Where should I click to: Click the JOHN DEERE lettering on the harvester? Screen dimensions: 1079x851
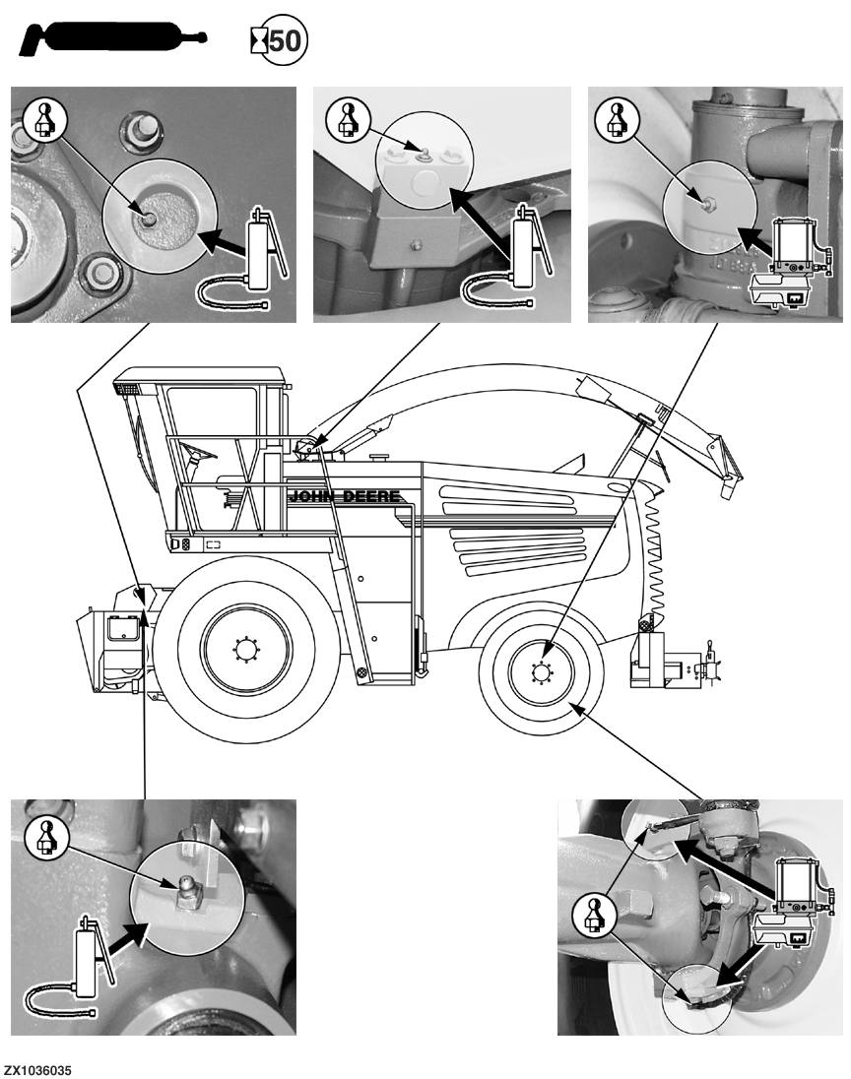tap(344, 496)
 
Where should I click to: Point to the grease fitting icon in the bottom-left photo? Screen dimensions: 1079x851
tap(42, 837)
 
